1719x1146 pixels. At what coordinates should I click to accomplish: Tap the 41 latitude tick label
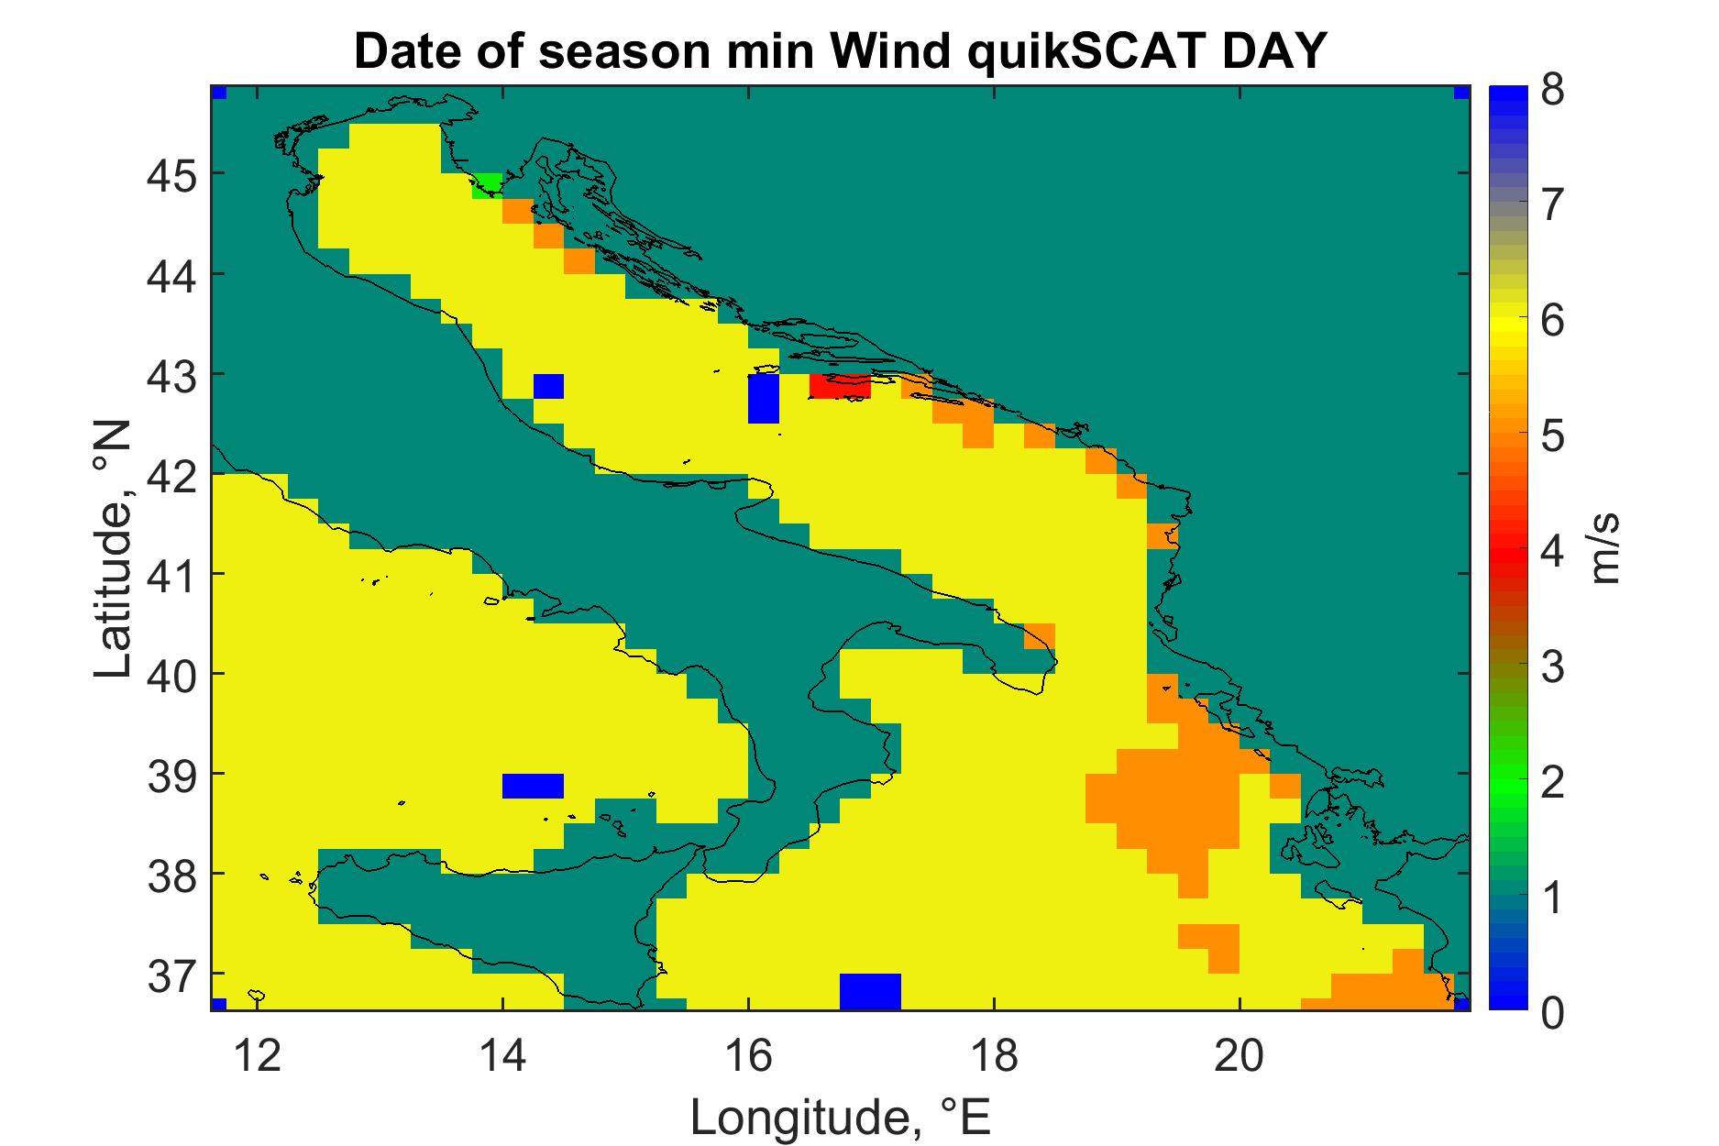click(171, 574)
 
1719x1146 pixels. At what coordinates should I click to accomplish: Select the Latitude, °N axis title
click(115, 550)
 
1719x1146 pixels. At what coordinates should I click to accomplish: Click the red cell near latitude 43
click(840, 386)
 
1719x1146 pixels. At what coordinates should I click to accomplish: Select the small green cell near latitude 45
click(487, 185)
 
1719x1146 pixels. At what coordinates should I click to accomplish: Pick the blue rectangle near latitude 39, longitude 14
click(533, 786)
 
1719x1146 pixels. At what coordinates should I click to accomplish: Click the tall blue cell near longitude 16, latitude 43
click(764, 398)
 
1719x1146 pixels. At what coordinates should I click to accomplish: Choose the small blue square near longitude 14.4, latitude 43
click(548, 386)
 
